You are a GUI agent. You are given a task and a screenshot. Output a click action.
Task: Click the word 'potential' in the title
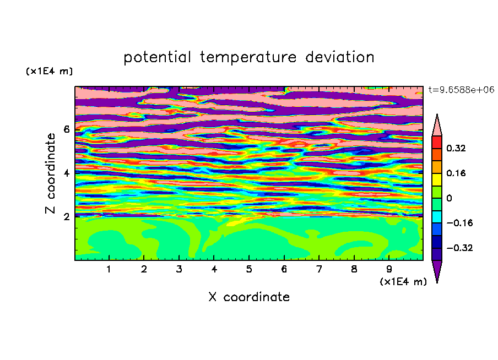(x=158, y=57)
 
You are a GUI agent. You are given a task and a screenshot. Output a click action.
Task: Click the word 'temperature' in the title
(x=248, y=57)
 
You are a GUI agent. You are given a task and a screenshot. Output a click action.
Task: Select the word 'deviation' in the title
(x=340, y=57)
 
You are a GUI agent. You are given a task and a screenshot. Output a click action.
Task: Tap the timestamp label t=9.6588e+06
(x=461, y=90)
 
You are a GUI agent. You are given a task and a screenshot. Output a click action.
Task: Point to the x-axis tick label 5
(x=249, y=269)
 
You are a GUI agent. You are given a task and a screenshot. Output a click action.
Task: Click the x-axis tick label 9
(x=389, y=269)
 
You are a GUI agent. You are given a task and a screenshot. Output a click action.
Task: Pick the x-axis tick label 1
(x=109, y=269)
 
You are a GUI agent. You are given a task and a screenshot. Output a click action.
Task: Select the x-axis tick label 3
(x=179, y=269)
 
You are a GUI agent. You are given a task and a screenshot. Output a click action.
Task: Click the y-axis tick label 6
(x=66, y=129)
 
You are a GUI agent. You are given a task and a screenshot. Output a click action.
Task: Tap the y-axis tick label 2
(x=66, y=216)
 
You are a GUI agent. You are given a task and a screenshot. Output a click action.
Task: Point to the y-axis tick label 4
(x=66, y=173)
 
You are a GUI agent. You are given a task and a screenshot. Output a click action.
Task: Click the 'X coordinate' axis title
(x=250, y=297)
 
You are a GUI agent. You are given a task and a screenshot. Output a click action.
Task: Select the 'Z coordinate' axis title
(x=50, y=173)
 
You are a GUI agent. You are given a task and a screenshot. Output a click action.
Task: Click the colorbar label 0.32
(x=456, y=148)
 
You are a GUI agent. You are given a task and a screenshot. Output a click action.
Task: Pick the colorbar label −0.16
(x=459, y=223)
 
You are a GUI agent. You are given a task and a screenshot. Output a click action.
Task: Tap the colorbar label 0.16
(x=456, y=173)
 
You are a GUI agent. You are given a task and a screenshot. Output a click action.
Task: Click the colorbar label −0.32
(x=459, y=248)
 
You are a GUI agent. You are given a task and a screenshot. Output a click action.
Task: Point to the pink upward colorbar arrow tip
(x=437, y=114)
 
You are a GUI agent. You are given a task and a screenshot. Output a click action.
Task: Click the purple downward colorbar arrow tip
(x=437, y=282)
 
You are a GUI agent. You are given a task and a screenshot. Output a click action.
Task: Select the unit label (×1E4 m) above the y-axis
(x=49, y=71)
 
